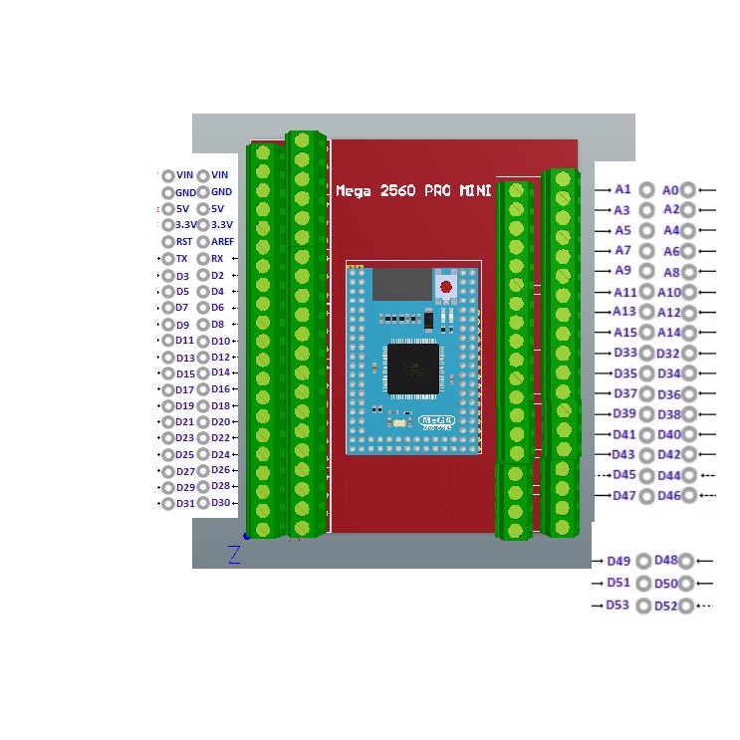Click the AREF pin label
[223, 242]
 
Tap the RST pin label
[184, 242]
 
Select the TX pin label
[181, 258]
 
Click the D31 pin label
[185, 503]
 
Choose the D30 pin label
[221, 502]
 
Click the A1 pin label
[622, 188]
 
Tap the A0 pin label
[670, 189]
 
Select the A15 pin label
[624, 332]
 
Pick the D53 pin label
[617, 605]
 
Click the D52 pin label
[665, 606]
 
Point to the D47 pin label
[624, 495]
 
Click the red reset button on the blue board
[445, 287]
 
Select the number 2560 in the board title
[394, 190]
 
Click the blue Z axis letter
[234, 555]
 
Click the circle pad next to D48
[686, 561]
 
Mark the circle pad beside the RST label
[167, 242]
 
